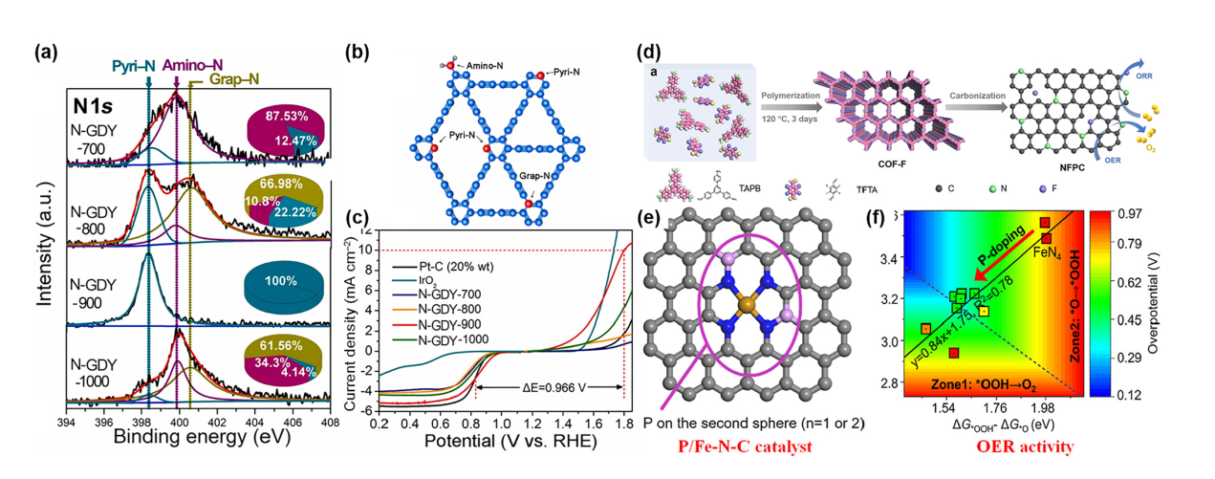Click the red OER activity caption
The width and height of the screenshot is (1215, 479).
[x=1029, y=446]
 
